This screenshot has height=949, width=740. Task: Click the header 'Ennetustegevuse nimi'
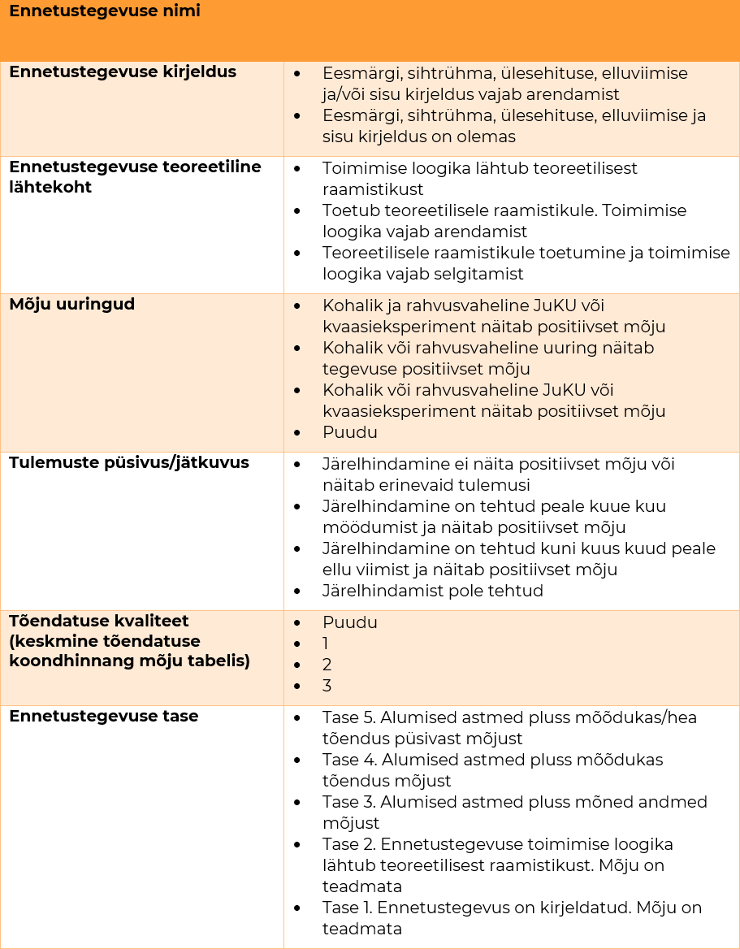pos(104,11)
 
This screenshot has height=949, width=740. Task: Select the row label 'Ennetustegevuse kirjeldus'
pos(122,71)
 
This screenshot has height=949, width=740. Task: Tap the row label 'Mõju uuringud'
pos(71,305)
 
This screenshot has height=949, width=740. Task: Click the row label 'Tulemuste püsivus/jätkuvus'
pos(128,463)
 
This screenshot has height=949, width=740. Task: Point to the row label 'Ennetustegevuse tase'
pos(103,717)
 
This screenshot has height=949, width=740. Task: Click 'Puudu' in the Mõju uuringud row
pos(349,432)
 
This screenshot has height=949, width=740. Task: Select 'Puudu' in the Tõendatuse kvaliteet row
pos(349,622)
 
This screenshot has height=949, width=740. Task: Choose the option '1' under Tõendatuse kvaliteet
pos(326,643)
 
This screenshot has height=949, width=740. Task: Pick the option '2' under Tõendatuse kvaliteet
pos(327,665)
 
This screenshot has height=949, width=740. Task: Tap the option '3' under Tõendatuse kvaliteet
pos(327,686)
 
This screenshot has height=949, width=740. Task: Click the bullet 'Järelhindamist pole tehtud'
pos(432,591)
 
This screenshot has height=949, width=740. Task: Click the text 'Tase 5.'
pos(348,717)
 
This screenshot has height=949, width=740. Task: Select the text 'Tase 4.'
pos(348,760)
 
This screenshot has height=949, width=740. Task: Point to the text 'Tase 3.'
pos(348,802)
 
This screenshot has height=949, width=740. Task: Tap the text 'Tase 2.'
pos(348,844)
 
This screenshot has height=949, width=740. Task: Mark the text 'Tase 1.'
pos(348,908)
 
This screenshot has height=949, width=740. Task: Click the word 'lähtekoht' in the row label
pos(50,187)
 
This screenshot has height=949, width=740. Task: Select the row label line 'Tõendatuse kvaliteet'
pos(98,622)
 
